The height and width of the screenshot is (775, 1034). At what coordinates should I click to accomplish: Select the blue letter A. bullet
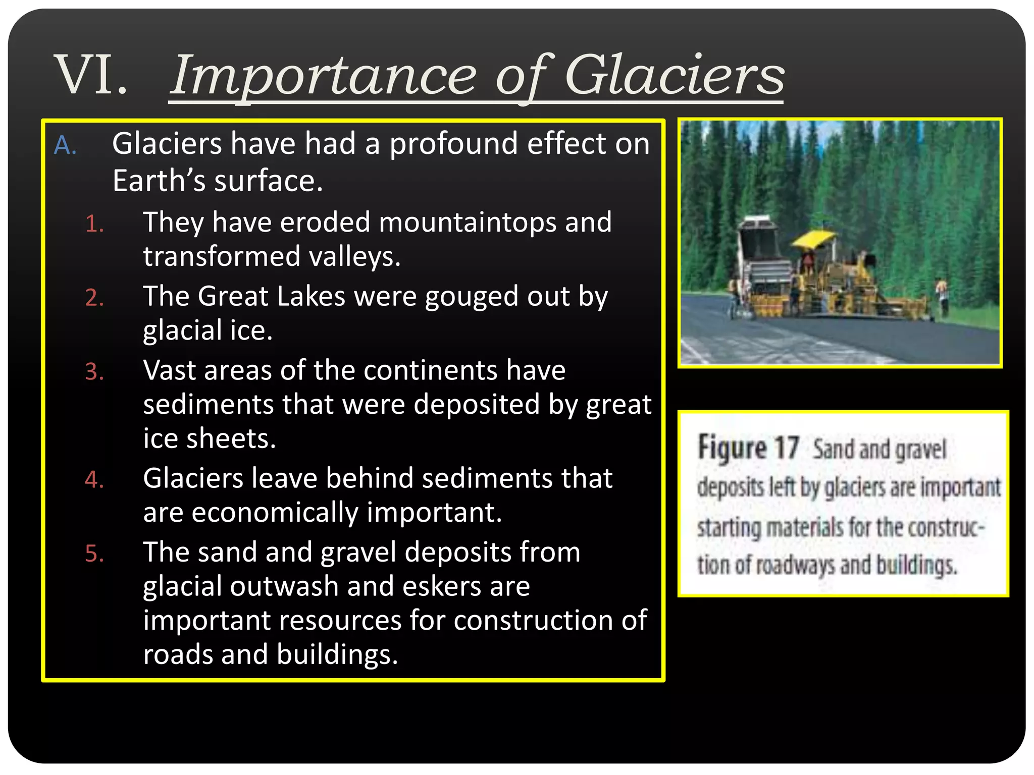(65, 146)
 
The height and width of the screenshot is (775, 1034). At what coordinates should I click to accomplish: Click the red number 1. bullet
(94, 224)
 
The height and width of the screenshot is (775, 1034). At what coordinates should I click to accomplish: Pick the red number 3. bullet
(94, 372)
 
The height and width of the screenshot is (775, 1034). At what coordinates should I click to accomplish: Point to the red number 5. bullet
(94, 553)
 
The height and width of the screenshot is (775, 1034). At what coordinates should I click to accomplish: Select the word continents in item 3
(430, 370)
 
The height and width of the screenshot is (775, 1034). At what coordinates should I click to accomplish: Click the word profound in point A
(453, 144)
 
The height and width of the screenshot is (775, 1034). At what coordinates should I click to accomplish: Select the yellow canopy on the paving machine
(813, 238)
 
